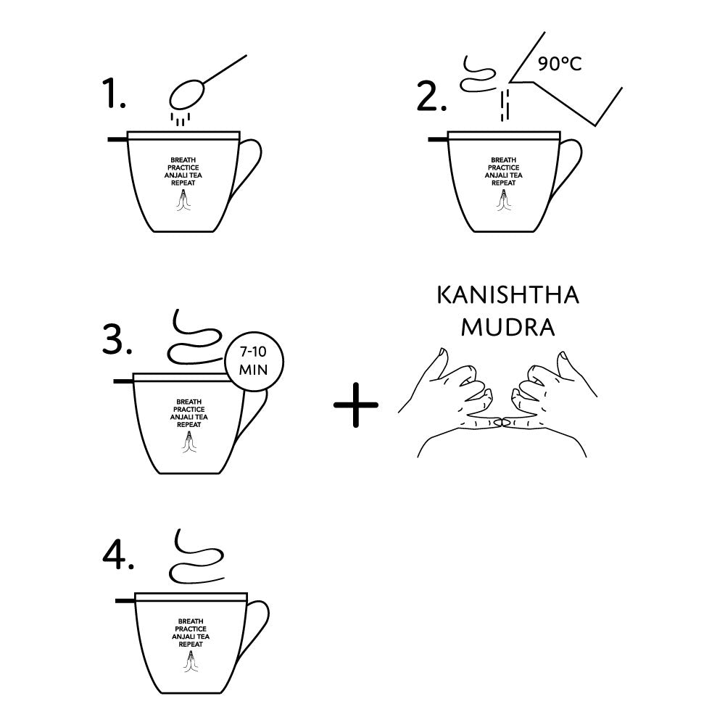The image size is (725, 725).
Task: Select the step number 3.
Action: pos(117,339)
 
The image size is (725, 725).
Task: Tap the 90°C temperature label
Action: pos(560,64)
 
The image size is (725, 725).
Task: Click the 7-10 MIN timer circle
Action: pos(253,362)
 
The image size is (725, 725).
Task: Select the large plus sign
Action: pos(355,405)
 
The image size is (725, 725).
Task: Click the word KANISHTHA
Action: pos(507,295)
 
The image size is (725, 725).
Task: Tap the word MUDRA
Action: pos(507,328)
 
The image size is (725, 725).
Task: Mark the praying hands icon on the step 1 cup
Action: pos(183,201)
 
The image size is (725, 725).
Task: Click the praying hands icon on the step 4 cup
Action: pos(191,662)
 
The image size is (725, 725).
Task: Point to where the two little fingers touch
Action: pos(502,422)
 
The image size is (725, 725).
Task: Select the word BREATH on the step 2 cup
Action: pos(504,160)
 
